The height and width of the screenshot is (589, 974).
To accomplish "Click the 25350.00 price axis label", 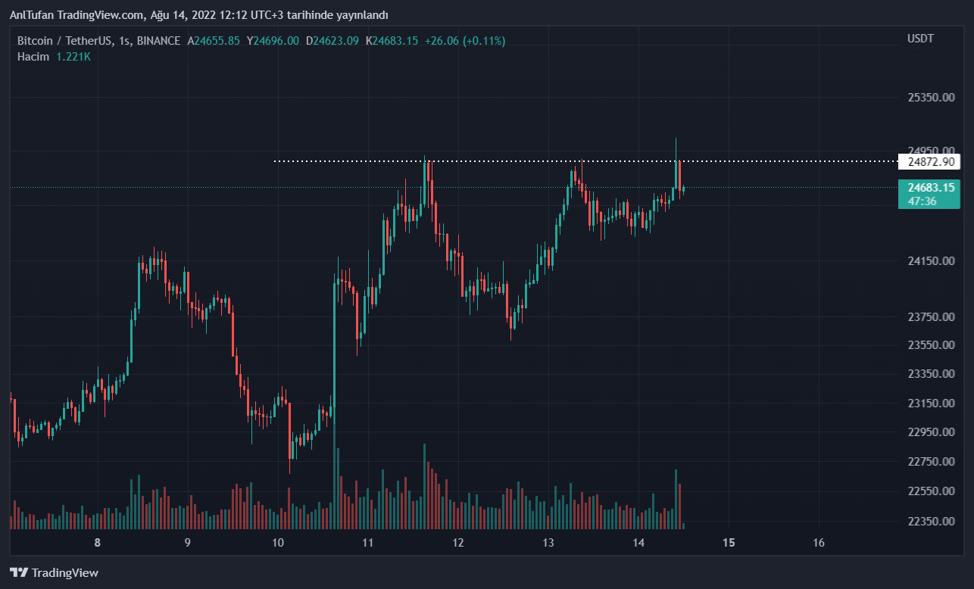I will [x=931, y=98].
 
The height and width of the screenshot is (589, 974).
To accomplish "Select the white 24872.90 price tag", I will [x=929, y=162].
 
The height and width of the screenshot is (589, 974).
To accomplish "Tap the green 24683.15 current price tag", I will [x=928, y=187].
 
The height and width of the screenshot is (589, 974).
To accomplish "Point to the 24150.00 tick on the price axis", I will [x=931, y=261].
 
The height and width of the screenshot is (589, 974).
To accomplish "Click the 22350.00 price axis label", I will [x=931, y=521].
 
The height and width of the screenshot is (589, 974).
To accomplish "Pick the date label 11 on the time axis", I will [x=368, y=543].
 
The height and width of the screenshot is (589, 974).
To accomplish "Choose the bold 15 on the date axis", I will [x=729, y=543].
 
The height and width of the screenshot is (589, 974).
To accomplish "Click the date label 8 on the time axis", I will [x=97, y=543].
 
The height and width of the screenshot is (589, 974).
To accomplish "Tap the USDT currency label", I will [x=921, y=39].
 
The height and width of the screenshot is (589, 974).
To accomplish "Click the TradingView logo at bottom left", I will [x=55, y=573].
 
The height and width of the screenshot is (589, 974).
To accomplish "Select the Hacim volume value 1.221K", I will [x=73, y=57].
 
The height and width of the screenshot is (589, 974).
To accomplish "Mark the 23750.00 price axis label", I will [x=931, y=316].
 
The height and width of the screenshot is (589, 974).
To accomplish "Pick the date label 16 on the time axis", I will [x=819, y=543].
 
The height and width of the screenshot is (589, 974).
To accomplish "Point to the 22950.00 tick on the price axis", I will [x=931, y=432].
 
